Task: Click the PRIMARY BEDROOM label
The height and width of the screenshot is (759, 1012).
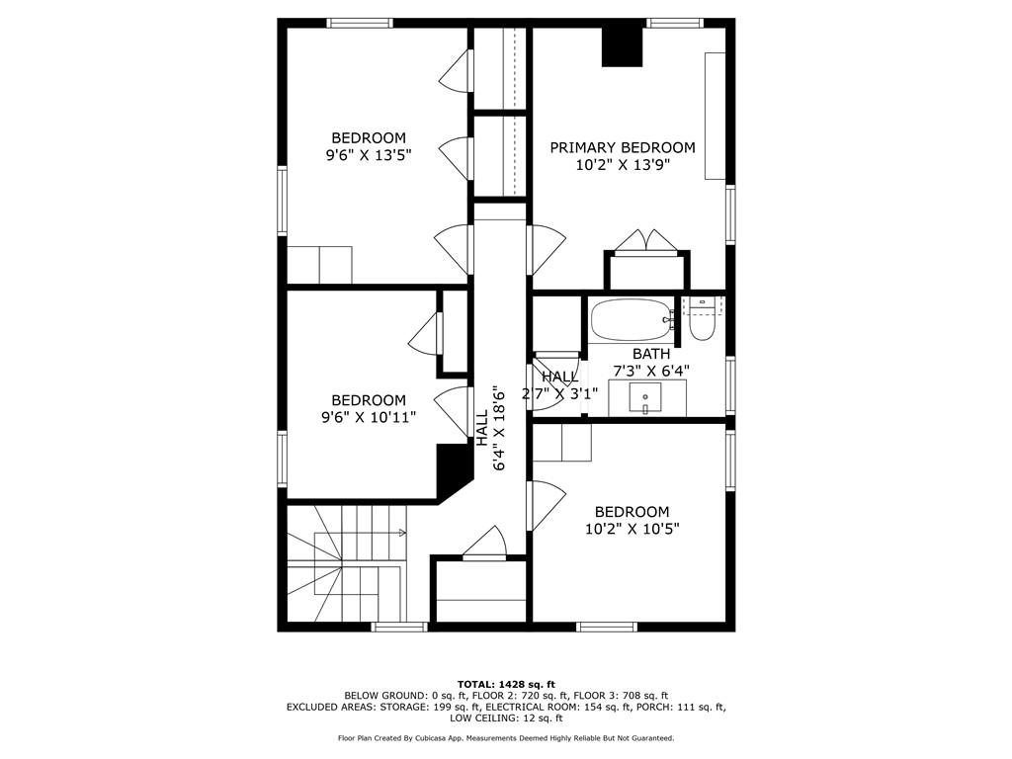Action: [623, 148]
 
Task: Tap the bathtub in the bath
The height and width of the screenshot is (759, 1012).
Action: [632, 319]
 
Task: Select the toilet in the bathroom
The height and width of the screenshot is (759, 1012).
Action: [701, 319]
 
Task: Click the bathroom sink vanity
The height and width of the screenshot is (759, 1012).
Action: [646, 398]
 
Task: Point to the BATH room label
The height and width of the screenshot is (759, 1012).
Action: [650, 354]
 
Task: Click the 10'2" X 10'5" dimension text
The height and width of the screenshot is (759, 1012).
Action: [632, 530]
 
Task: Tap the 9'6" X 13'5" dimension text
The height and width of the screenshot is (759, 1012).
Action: [369, 155]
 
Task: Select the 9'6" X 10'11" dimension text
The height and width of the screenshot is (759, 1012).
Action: [369, 418]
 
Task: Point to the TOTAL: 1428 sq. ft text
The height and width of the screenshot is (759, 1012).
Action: [506, 684]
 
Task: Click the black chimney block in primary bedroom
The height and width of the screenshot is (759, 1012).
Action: [623, 46]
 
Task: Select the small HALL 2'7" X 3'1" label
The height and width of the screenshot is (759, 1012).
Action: [559, 384]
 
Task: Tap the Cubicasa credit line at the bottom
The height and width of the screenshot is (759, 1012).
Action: [506, 737]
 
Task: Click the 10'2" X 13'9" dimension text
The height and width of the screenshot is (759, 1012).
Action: [623, 165]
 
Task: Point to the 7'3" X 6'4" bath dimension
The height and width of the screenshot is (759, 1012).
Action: [650, 371]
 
